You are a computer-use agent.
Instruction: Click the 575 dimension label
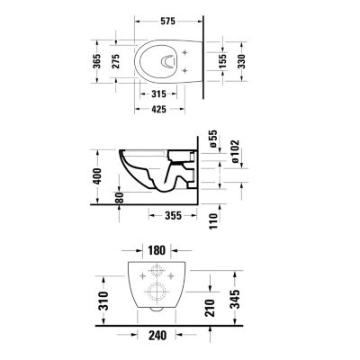(167, 22)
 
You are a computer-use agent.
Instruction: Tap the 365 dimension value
(96, 61)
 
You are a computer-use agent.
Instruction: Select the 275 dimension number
(116, 61)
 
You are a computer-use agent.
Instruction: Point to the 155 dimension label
(222, 61)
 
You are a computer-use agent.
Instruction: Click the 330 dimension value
(241, 61)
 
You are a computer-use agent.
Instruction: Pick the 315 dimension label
(158, 94)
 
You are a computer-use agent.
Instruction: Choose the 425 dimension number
(158, 109)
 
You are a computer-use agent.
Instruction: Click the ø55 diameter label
(213, 139)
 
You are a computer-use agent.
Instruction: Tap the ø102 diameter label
(235, 151)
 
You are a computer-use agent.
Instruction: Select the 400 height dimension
(97, 176)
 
